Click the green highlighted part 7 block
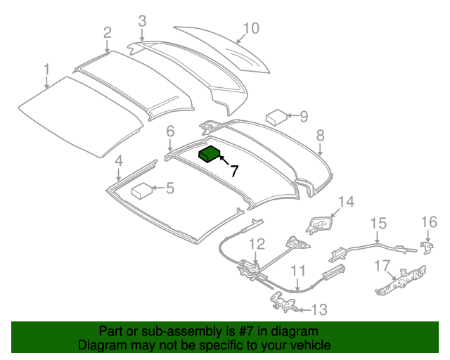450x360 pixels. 210,154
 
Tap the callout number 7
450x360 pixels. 234,170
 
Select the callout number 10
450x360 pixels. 251,28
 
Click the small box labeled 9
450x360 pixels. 276,116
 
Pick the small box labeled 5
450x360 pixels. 143,190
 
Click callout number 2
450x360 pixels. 107,32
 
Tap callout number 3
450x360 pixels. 142,20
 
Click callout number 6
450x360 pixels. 169,131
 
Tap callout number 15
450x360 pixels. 378,224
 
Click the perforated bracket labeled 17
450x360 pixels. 399,280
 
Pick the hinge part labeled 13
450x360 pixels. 284,304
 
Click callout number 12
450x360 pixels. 257,244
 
